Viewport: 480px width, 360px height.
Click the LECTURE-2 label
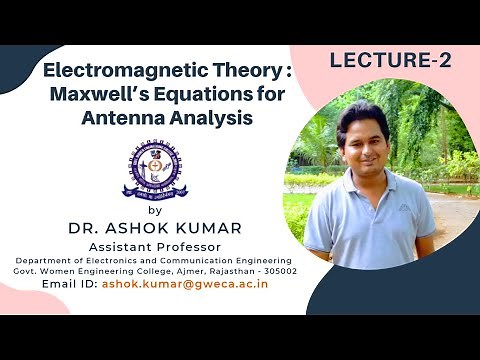click(390, 61)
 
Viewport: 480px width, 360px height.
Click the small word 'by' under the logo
click(154, 211)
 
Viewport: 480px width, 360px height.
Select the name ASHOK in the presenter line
click(133, 228)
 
